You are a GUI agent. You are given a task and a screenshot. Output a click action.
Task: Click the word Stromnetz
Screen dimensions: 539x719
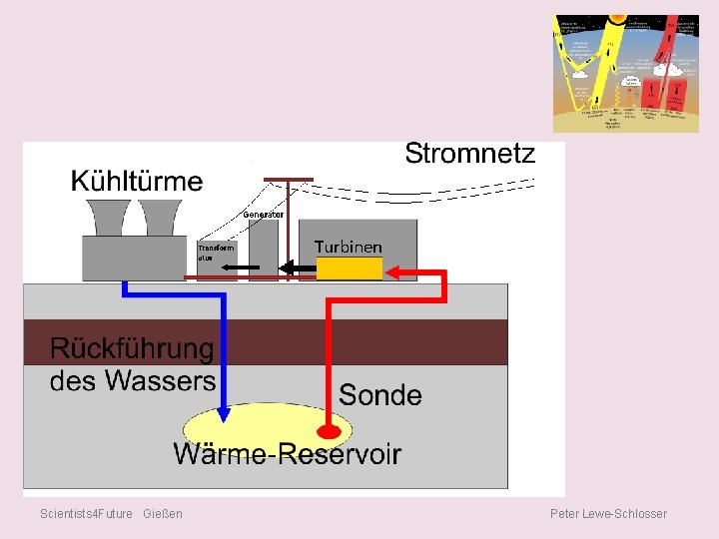point(469,153)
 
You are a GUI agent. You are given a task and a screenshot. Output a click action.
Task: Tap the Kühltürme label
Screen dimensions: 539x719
point(137,182)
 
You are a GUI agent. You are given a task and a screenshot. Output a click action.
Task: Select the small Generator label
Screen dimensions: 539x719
point(264,214)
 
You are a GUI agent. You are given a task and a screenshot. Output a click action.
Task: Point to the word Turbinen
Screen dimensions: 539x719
point(348,247)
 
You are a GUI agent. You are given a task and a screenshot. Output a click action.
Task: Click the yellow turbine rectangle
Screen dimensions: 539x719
point(350,269)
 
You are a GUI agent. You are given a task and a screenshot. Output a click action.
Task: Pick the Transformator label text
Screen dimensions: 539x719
point(216,252)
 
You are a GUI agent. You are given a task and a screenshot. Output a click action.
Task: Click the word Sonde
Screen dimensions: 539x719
point(379,394)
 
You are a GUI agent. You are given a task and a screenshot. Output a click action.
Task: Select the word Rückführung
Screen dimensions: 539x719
point(132,349)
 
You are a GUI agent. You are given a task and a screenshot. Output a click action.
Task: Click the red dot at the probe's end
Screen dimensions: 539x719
point(329,433)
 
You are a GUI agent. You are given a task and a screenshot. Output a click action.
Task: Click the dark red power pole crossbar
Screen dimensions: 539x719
point(288,181)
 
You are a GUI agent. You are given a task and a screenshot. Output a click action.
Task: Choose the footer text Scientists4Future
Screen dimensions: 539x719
point(86,513)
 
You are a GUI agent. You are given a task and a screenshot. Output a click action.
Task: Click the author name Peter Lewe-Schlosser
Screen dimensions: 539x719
point(608,513)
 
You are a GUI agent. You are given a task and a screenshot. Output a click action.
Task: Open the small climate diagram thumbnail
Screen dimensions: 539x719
point(626,73)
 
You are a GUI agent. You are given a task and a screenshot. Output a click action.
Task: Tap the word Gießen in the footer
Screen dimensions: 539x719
point(163,513)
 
